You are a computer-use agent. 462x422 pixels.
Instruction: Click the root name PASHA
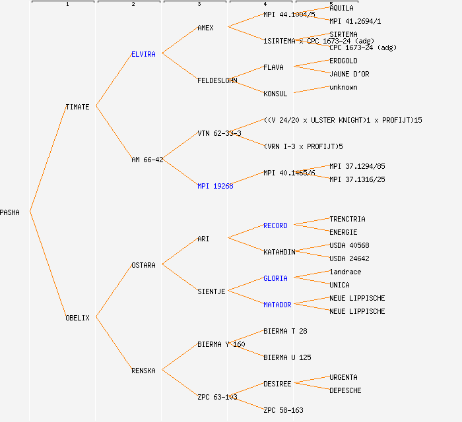[x=10, y=212]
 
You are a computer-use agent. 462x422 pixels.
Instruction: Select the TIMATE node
[x=77, y=107]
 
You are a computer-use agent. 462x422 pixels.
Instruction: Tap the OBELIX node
[x=77, y=318]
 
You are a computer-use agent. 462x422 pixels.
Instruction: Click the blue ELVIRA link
[x=143, y=54]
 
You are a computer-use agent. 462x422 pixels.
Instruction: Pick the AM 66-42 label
[x=147, y=160]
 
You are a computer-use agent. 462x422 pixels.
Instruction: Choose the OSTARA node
[x=143, y=265]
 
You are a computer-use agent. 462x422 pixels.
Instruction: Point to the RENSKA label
[x=143, y=371]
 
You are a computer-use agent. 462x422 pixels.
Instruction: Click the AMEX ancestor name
[x=205, y=28]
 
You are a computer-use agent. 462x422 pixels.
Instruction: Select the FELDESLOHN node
[x=217, y=80]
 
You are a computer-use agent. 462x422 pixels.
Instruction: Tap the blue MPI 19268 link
[x=215, y=186]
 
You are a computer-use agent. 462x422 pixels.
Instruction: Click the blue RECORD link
[x=275, y=226]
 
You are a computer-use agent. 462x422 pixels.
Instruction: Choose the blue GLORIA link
[x=275, y=278]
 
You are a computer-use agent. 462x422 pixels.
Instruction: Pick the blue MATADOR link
[x=277, y=305]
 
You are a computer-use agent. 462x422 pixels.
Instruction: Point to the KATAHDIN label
[x=279, y=252]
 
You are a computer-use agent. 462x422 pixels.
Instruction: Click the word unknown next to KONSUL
[x=343, y=87]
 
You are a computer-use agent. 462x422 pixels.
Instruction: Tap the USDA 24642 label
[x=349, y=258]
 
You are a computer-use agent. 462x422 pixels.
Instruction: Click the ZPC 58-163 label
[x=283, y=410]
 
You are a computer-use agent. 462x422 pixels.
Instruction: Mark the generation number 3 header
[x=199, y=5]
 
